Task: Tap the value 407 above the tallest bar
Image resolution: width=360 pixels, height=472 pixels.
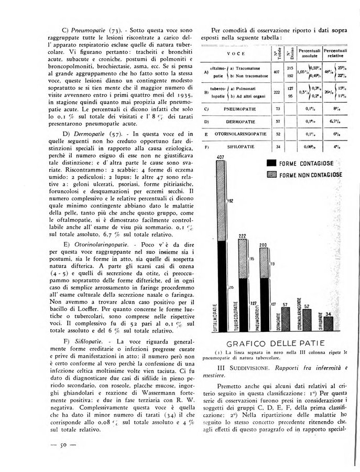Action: point(220,157)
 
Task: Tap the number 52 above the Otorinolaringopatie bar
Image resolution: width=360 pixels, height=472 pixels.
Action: point(307,306)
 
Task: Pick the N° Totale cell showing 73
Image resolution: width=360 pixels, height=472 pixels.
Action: point(278,109)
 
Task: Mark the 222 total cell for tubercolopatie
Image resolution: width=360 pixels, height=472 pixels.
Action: point(278,91)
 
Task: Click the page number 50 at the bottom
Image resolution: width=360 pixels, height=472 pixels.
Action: point(68,445)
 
